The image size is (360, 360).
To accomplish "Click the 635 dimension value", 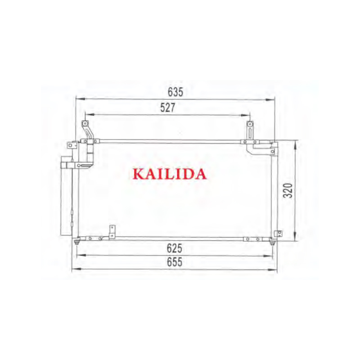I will coord(175,92).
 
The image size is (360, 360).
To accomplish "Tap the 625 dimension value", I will coord(175,248).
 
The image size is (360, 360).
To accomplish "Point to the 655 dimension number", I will coord(175,262).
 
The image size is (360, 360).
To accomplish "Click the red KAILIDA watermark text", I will coord(170,174).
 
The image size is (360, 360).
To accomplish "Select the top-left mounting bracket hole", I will coord(84,124).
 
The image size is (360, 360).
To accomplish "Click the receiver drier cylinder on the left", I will coord(66,198).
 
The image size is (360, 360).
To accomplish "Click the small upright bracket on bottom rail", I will coord(112,231).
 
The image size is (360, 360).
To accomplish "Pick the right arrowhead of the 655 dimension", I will coord(275,270).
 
